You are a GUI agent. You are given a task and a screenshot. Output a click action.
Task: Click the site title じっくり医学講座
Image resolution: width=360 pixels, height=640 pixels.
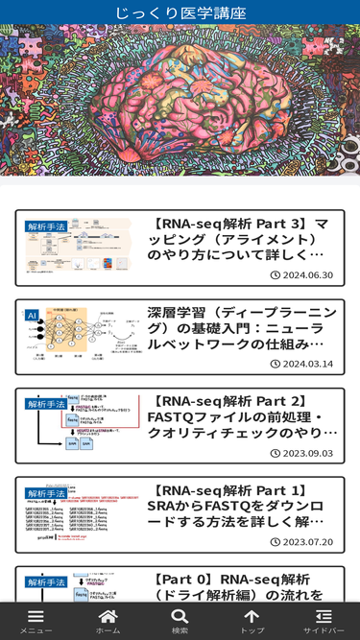tap(180, 13)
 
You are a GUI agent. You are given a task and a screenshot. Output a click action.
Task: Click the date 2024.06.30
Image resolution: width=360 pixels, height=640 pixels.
tap(307, 275)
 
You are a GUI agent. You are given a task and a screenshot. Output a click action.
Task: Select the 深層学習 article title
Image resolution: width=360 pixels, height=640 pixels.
tap(242, 328)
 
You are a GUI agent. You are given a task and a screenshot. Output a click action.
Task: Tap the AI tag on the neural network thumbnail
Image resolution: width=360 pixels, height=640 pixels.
tap(33, 316)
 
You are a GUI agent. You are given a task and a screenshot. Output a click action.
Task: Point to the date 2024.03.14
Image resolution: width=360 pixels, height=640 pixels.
tap(307, 364)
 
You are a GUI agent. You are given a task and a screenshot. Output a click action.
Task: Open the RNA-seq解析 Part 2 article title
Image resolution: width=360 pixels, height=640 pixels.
tap(242, 416)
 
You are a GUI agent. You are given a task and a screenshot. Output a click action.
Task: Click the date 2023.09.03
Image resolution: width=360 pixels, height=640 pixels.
tap(307, 453)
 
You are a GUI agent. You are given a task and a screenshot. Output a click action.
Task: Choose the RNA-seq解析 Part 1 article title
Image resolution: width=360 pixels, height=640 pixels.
tap(242, 505)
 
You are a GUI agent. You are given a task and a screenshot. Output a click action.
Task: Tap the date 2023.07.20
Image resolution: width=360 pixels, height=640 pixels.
tap(307, 541)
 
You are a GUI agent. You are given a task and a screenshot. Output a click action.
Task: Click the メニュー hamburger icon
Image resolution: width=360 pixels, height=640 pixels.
tap(36, 617)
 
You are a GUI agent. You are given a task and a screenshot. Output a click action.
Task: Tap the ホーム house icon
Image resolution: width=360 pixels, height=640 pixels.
tap(108, 617)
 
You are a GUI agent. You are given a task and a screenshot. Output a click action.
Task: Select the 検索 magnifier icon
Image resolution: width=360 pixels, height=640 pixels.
tap(180, 617)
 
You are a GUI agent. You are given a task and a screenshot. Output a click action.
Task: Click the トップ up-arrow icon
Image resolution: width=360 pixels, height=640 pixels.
tap(252, 617)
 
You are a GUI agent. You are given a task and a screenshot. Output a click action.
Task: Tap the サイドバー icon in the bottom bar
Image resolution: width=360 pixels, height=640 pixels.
tap(324, 617)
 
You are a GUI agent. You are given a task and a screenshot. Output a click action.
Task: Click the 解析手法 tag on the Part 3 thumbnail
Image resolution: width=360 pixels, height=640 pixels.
tap(46, 227)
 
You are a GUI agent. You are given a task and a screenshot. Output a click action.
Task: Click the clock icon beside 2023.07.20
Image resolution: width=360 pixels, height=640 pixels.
tap(276, 541)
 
